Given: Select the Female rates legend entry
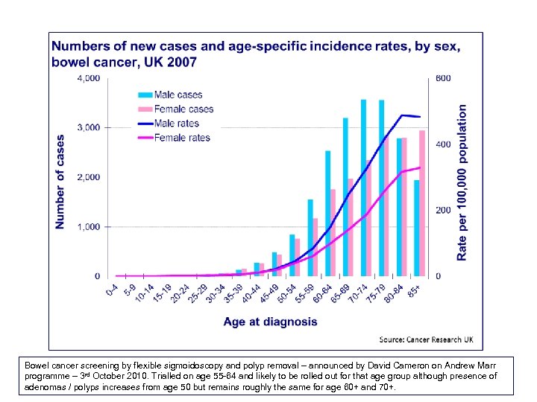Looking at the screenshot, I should [x=182, y=137].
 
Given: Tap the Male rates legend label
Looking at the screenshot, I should [x=177, y=123].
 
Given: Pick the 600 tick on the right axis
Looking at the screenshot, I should [x=443, y=77].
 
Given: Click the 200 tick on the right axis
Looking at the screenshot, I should [x=443, y=211].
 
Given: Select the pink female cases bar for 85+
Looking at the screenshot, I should [x=422, y=203].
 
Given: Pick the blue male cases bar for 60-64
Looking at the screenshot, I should [x=327, y=213].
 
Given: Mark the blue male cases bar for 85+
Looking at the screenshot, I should [x=416, y=228].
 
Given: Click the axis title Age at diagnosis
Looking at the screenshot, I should [x=270, y=322].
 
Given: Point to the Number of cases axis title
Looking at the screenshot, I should [x=60, y=181].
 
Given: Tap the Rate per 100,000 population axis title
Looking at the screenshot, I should [x=462, y=182].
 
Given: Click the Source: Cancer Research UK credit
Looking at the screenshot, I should [x=427, y=340].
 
